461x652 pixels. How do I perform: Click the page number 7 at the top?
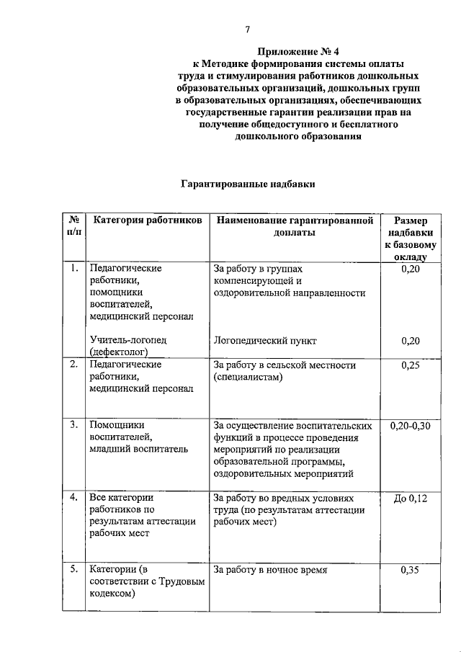[247, 30]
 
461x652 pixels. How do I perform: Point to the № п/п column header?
[73, 225]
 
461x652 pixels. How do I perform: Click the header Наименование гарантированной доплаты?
[294, 225]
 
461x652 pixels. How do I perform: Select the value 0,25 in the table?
[409, 365]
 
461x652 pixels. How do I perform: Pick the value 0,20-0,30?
[409, 426]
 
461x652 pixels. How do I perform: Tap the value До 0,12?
[409, 498]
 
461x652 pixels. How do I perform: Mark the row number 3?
[73, 426]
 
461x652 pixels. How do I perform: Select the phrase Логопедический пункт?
[265, 341]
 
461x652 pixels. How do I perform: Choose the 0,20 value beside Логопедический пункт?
[409, 341]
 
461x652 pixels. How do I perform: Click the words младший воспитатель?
[139, 449]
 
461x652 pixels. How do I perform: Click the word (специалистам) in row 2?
[248, 377]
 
